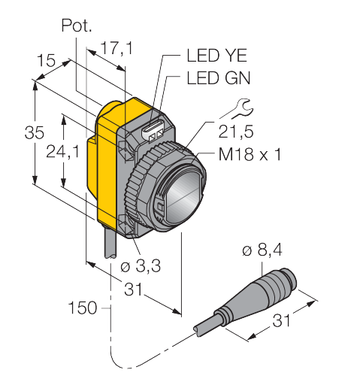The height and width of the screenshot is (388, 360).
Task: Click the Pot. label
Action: [77, 26]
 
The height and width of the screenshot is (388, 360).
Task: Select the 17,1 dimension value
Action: [116, 48]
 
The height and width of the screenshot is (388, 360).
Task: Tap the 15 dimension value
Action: [46, 60]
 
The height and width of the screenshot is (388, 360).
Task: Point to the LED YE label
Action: [217, 56]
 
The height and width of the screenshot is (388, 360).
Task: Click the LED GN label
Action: [219, 78]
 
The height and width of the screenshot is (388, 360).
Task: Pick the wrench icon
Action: [237, 108]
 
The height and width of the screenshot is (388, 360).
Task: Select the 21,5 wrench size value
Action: [236, 132]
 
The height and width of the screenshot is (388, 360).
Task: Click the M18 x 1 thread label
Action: [250, 154]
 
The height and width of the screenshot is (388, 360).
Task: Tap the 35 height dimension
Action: [35, 132]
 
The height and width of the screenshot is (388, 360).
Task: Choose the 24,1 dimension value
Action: [62, 152]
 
